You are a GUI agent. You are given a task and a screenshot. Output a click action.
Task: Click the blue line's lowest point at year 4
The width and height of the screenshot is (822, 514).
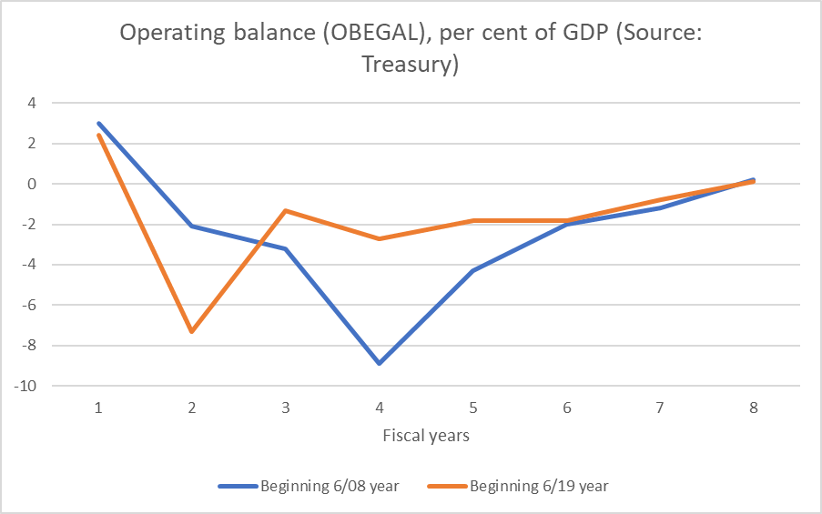pos(379,363)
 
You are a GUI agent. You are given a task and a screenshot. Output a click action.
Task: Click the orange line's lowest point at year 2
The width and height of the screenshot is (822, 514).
pos(191,331)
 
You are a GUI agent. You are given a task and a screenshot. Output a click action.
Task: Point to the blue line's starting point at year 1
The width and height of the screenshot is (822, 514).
pos(98,123)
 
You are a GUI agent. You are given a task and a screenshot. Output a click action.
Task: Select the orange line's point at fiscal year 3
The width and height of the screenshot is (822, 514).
pos(285,210)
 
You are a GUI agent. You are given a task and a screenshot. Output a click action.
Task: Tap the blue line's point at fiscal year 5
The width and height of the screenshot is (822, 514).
pos(472,270)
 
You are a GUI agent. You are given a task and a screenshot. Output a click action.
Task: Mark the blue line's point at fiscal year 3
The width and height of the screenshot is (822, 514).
pos(285,248)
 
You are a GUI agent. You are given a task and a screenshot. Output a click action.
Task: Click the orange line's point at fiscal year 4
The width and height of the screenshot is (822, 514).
pos(379,238)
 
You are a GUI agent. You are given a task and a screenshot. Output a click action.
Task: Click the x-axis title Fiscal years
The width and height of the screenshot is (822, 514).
pos(426,435)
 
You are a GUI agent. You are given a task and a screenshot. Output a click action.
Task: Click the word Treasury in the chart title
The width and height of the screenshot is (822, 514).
pos(410,65)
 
